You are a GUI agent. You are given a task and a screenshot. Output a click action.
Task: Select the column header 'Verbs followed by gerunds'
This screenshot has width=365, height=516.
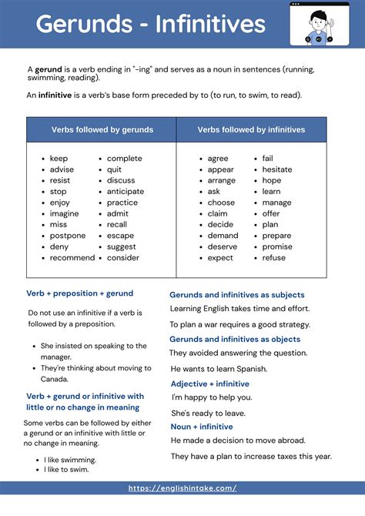[x=102, y=129]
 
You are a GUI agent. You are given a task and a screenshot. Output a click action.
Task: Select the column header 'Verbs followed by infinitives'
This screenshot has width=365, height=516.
[x=251, y=129]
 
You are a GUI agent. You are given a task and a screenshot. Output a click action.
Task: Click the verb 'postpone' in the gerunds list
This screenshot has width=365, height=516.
[x=68, y=236]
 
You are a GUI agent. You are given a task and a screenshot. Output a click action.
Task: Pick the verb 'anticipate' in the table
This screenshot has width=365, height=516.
[x=125, y=191]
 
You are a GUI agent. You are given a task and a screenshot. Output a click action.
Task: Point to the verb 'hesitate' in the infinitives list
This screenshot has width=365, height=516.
[x=276, y=169]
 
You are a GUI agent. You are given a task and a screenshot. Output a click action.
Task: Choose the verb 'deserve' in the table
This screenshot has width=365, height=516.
[x=223, y=246]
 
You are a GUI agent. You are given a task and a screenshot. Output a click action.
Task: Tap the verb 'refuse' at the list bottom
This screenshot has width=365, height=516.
[x=273, y=257]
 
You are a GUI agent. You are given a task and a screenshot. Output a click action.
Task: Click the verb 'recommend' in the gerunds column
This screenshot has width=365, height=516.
[x=72, y=257]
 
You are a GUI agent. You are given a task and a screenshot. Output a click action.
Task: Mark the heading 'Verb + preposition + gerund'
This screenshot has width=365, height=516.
[x=79, y=293]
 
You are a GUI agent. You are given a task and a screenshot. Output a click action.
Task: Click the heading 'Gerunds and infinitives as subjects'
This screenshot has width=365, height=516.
[x=236, y=295]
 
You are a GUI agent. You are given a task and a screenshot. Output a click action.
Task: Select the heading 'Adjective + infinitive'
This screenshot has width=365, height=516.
[x=209, y=384]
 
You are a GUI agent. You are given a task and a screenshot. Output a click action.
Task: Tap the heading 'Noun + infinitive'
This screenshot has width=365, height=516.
[x=201, y=427]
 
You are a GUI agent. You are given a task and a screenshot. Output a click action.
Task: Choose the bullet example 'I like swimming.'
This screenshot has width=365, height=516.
[x=70, y=460]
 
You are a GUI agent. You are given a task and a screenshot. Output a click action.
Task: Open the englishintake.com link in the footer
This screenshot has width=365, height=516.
[x=182, y=488]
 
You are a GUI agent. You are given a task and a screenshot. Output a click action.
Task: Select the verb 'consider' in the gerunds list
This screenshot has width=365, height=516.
[x=122, y=257]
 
